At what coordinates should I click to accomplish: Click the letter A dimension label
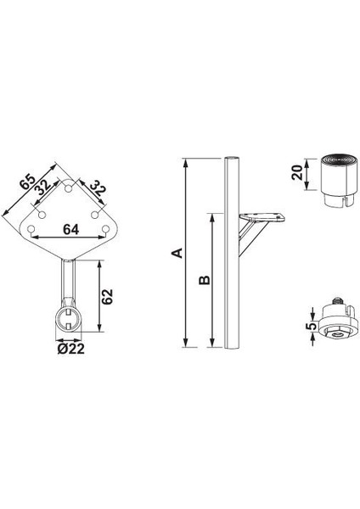click(x=176, y=252)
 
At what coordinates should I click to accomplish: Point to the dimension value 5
click(x=312, y=325)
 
